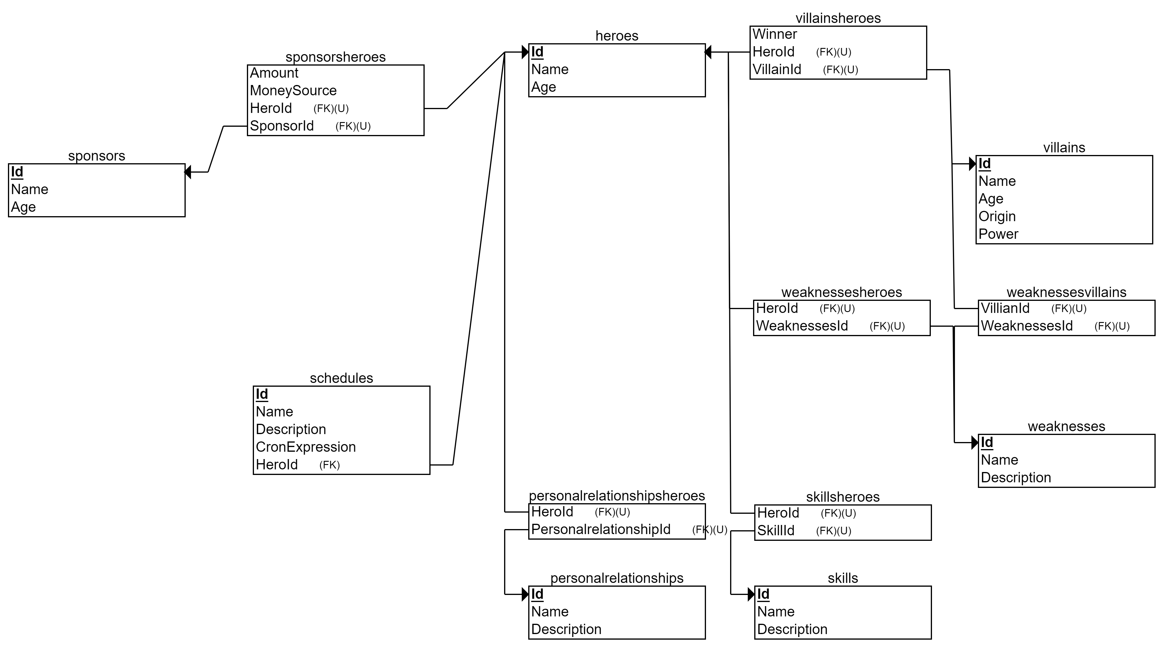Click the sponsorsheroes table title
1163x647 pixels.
(x=335, y=57)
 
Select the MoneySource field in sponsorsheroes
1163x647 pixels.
(x=293, y=91)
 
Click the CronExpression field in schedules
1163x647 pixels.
(x=306, y=447)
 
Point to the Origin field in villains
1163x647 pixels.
(x=997, y=216)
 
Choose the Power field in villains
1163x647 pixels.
(x=998, y=234)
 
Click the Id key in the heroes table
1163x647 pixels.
(x=537, y=52)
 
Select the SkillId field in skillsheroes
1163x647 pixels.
(x=776, y=531)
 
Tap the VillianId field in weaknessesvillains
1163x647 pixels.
(x=1005, y=309)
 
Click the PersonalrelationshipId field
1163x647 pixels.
(x=600, y=530)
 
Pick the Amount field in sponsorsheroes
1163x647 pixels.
(x=274, y=73)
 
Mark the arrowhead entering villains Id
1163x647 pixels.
(x=973, y=164)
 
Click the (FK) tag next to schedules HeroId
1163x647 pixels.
(x=329, y=465)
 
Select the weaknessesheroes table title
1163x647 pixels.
(x=842, y=292)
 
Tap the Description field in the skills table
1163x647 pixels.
(x=792, y=629)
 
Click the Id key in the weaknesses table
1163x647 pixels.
(x=987, y=443)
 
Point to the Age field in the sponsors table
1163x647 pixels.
(x=24, y=207)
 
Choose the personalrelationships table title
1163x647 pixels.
(x=617, y=578)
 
